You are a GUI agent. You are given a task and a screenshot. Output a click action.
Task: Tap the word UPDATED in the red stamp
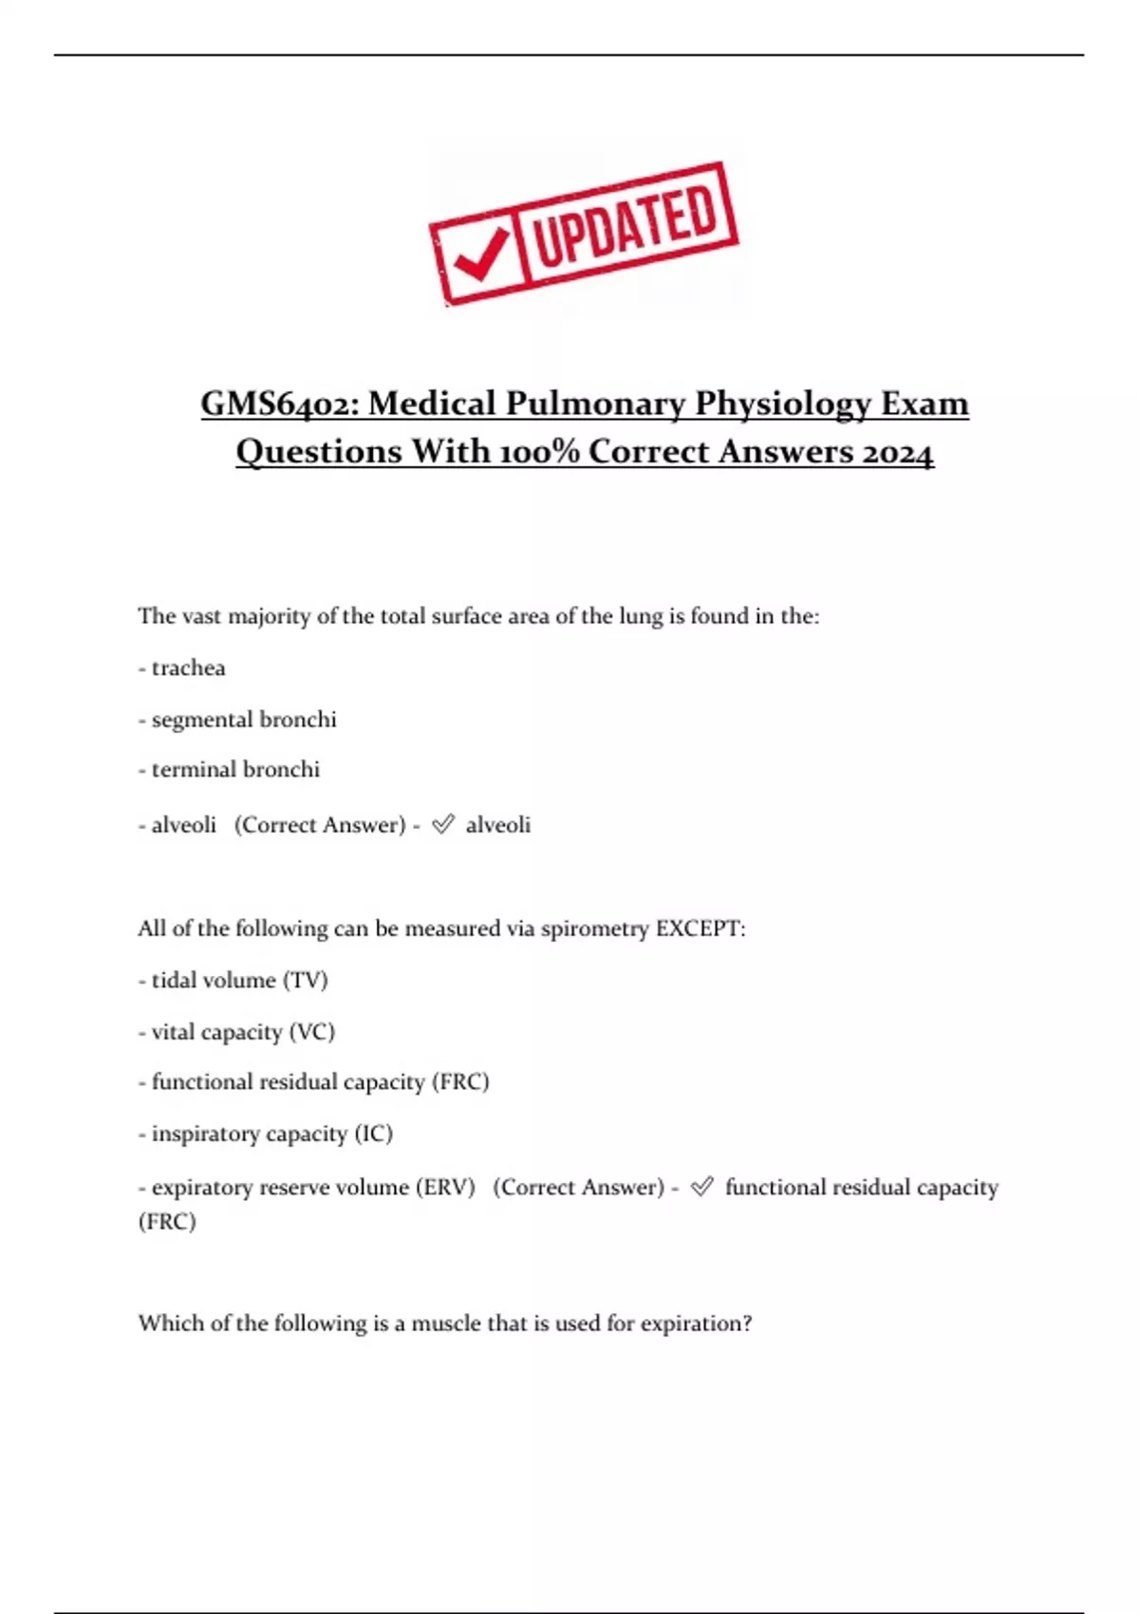626,226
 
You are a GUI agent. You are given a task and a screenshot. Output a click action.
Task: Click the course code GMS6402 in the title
275,403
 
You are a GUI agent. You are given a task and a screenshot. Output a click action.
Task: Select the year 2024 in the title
898,452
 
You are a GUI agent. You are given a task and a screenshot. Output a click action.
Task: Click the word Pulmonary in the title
595,403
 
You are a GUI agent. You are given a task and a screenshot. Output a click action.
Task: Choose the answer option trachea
188,668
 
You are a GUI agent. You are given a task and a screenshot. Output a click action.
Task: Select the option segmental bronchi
244,720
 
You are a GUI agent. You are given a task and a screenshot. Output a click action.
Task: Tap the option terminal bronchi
235,770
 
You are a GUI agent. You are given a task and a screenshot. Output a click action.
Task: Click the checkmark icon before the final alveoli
442,824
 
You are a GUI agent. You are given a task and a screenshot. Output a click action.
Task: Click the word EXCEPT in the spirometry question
699,929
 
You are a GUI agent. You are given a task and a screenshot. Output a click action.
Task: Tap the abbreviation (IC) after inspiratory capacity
373,1134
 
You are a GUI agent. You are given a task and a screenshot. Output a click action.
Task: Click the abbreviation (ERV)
444,1188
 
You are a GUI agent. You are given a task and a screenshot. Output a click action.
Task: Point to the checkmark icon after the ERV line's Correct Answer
701,1187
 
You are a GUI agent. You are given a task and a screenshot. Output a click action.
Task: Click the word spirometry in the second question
595,929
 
